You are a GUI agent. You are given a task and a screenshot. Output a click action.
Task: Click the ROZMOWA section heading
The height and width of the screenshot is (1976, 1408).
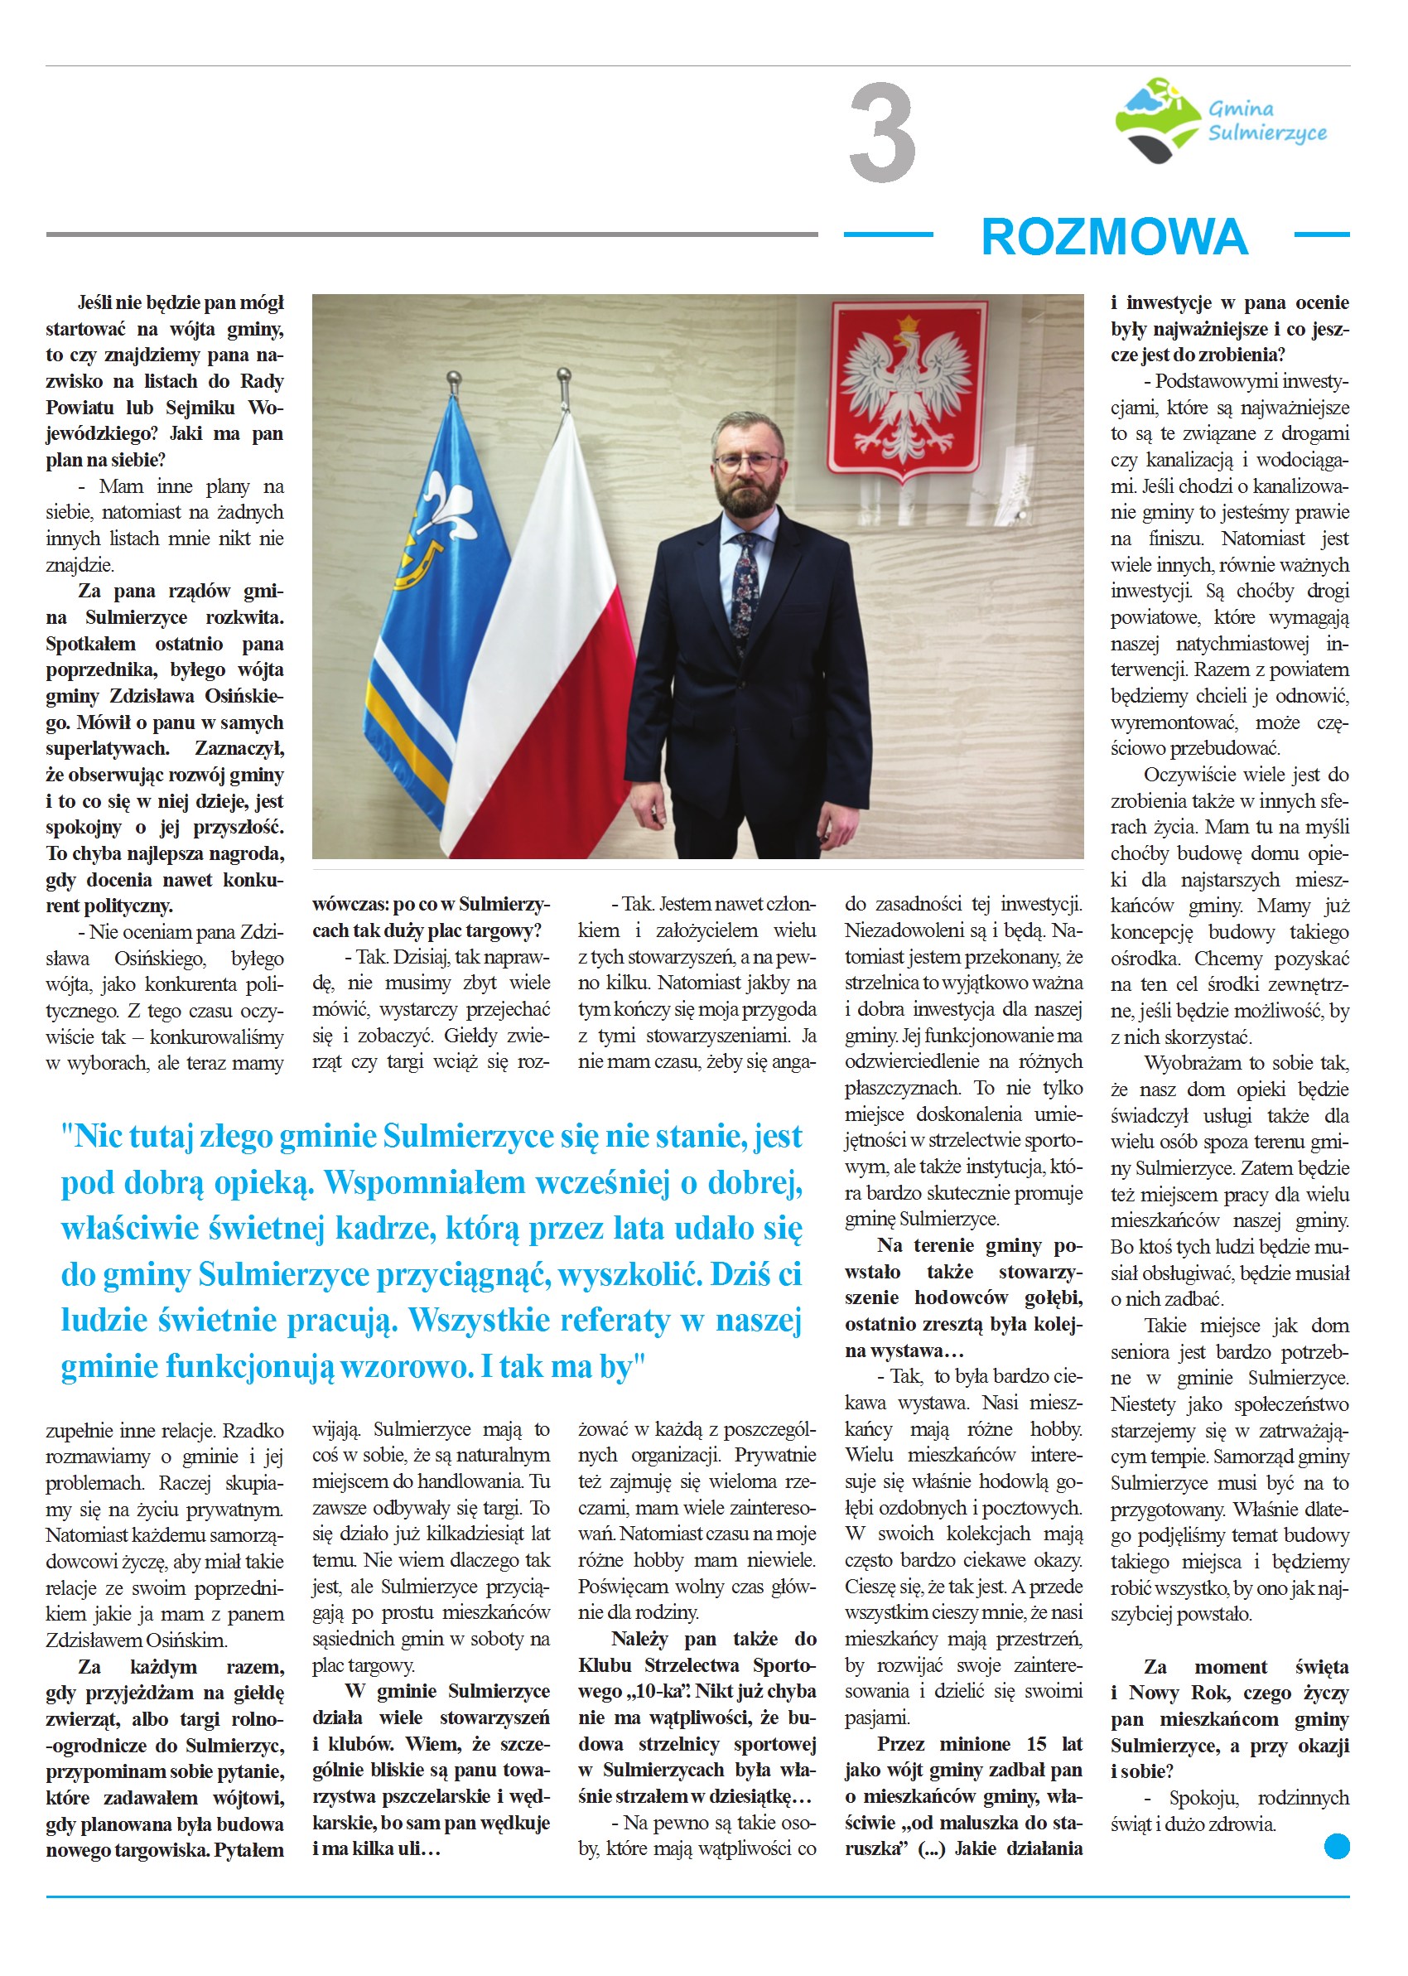tap(1114, 237)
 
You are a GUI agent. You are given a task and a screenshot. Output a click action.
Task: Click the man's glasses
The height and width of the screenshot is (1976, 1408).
tap(747, 461)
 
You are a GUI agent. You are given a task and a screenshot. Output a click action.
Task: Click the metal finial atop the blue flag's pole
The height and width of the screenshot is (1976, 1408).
tap(452, 378)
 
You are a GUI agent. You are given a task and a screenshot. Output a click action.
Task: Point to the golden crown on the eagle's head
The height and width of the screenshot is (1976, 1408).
tap(908, 325)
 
